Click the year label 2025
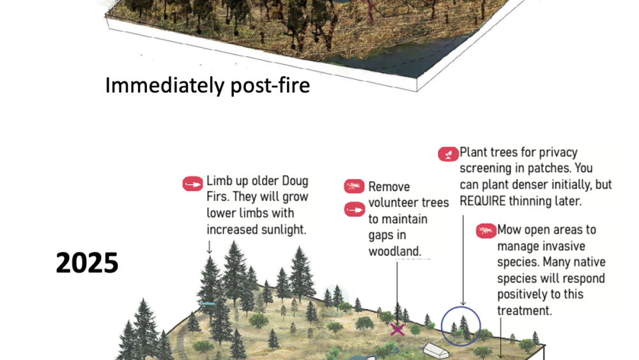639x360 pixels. pos(87,263)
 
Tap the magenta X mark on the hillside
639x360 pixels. pos(397,329)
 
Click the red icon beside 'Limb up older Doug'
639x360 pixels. pos(192,184)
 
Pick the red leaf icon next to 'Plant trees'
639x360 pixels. pos(447,153)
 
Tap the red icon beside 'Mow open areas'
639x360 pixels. pos(486,230)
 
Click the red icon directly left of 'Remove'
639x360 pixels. pos(355,187)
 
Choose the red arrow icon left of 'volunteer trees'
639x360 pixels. pos(355,208)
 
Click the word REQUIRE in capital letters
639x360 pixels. pos(491,201)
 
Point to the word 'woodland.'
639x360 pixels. pos(395,251)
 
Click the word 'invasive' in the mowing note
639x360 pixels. pos(565,246)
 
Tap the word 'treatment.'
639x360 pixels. pos(525,311)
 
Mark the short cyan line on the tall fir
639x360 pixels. pos(207,303)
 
